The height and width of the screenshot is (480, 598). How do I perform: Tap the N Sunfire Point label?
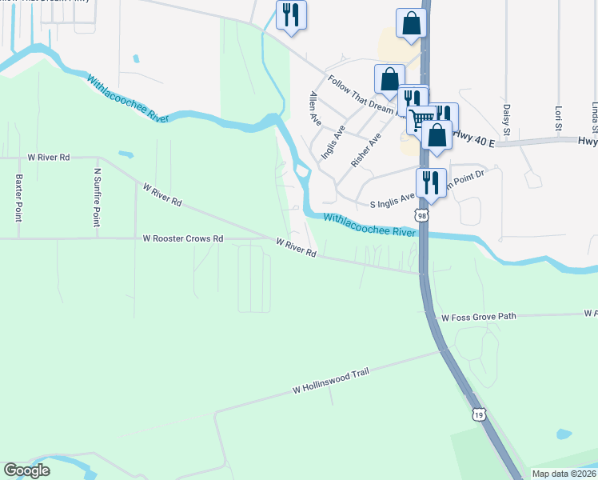pos(98,197)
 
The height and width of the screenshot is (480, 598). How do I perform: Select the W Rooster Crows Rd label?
pos(182,238)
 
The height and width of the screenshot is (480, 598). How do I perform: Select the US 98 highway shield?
pos(421,215)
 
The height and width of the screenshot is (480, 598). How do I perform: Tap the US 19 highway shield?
pos(478,414)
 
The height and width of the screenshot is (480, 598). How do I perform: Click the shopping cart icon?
pos(421,120)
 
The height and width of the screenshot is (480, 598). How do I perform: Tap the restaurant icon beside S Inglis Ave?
pos(431,182)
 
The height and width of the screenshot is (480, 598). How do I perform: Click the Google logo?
pos(27,471)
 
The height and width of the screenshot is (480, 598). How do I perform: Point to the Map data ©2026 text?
pos(564,474)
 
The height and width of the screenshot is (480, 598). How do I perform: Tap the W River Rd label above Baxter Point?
pos(49,158)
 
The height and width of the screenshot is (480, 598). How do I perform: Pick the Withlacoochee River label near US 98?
pos(370,225)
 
